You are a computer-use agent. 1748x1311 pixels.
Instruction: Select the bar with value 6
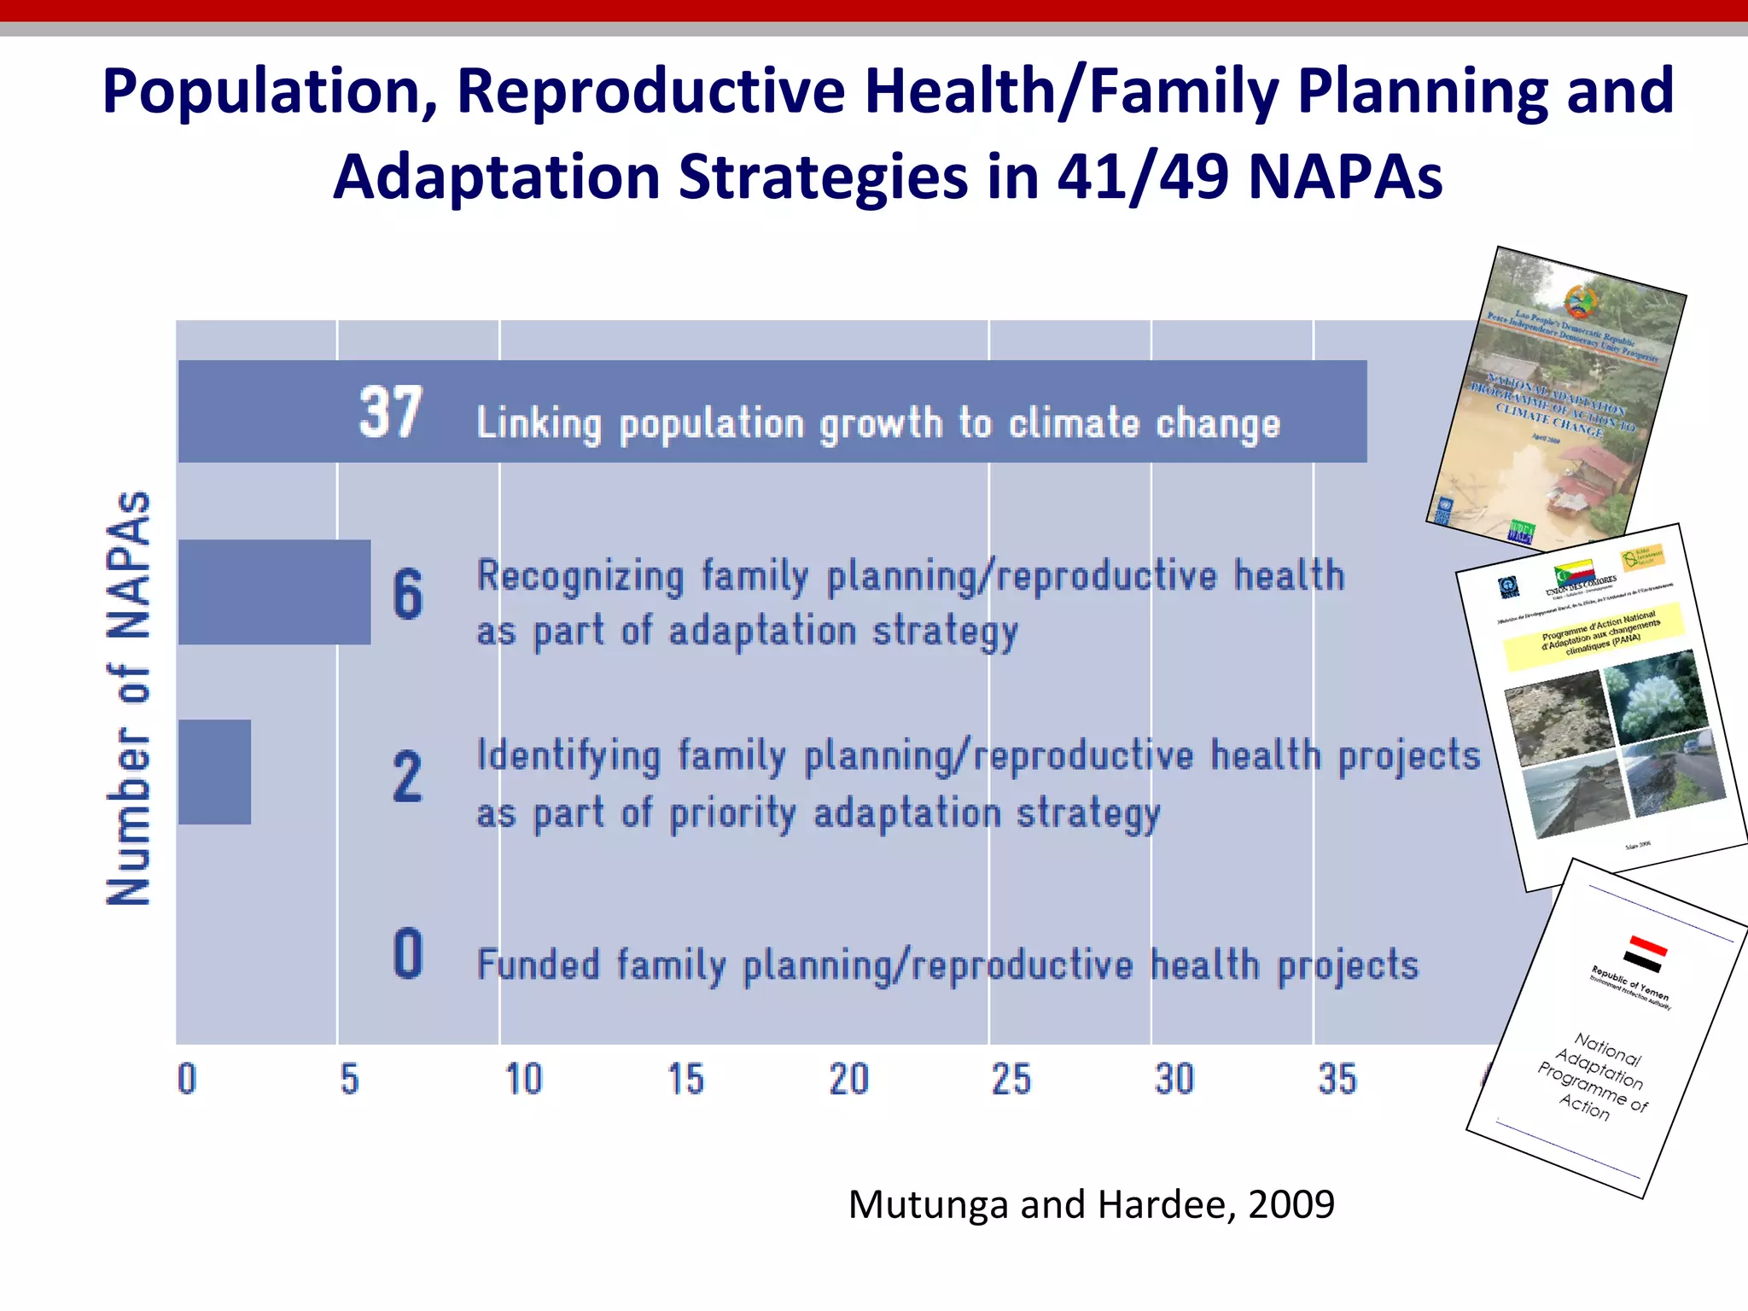coord(274,592)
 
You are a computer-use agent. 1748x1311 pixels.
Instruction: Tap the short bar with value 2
coord(214,772)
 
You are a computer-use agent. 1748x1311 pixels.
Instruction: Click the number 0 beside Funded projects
coord(408,953)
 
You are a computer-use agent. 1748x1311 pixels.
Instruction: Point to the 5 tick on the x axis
coord(349,1079)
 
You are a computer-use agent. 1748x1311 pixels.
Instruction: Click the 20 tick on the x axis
coord(849,1079)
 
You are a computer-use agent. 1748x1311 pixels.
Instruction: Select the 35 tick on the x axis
coord(1337,1079)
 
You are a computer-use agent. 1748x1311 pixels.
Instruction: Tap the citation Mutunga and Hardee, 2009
coord(1091,1204)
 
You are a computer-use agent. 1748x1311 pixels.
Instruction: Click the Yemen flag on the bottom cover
coord(1644,954)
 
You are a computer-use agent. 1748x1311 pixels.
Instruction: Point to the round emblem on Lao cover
coord(1582,301)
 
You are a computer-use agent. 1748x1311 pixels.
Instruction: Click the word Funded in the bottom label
coord(539,964)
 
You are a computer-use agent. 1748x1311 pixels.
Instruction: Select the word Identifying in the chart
coord(568,757)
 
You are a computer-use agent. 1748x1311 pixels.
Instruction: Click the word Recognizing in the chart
coord(580,576)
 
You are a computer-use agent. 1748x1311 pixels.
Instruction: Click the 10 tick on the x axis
coord(523,1079)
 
